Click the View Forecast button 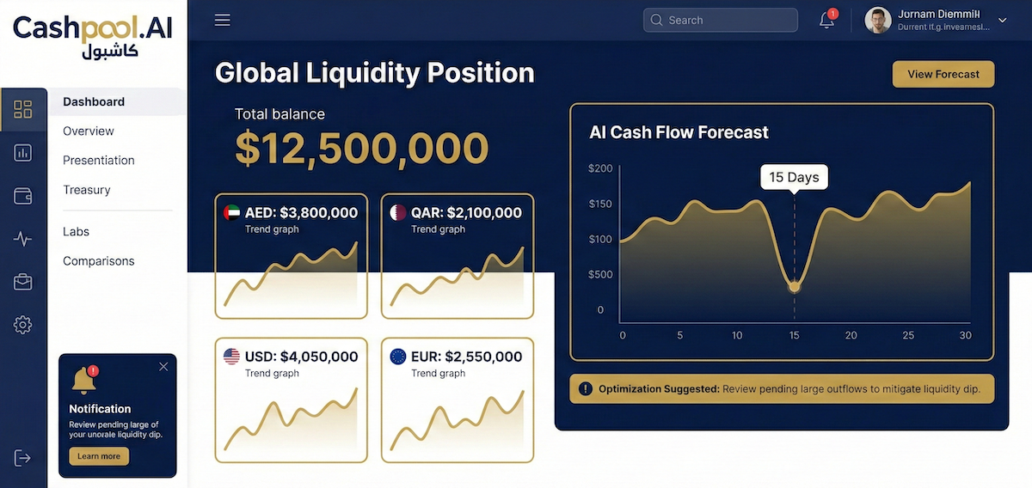tap(943, 74)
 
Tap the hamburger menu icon tap(223, 20)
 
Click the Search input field tap(721, 20)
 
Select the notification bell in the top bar tap(826, 20)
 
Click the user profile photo tap(877, 20)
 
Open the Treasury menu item tap(86, 190)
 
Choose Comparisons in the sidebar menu tap(98, 261)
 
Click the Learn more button tap(99, 456)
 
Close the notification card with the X tap(163, 367)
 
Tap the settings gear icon tap(23, 325)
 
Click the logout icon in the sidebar tap(23, 458)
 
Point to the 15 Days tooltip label tap(794, 177)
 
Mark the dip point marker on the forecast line tap(794, 286)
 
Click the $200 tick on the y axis tap(600, 168)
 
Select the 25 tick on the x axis tap(907, 335)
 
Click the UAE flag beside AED tap(231, 212)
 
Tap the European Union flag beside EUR tap(398, 357)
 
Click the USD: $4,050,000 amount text tap(301, 357)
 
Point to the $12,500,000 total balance tap(361, 148)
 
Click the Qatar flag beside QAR tap(398, 212)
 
